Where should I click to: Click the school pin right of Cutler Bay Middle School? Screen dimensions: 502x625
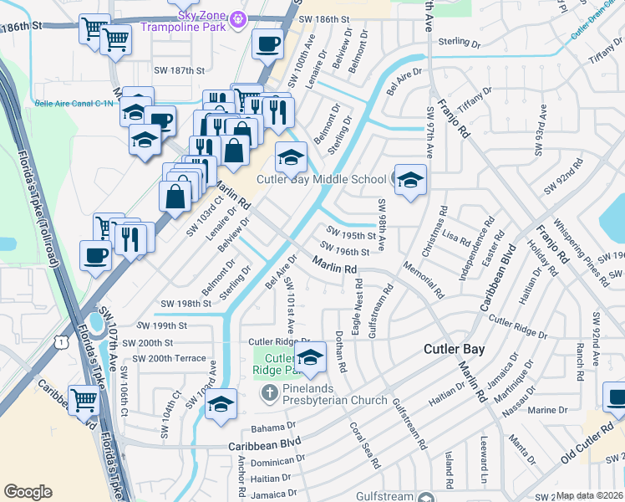tap(410, 181)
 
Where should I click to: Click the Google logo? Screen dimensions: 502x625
tap(28, 492)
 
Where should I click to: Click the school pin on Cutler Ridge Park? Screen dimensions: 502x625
tap(310, 358)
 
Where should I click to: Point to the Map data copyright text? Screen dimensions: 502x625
tap(590, 495)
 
